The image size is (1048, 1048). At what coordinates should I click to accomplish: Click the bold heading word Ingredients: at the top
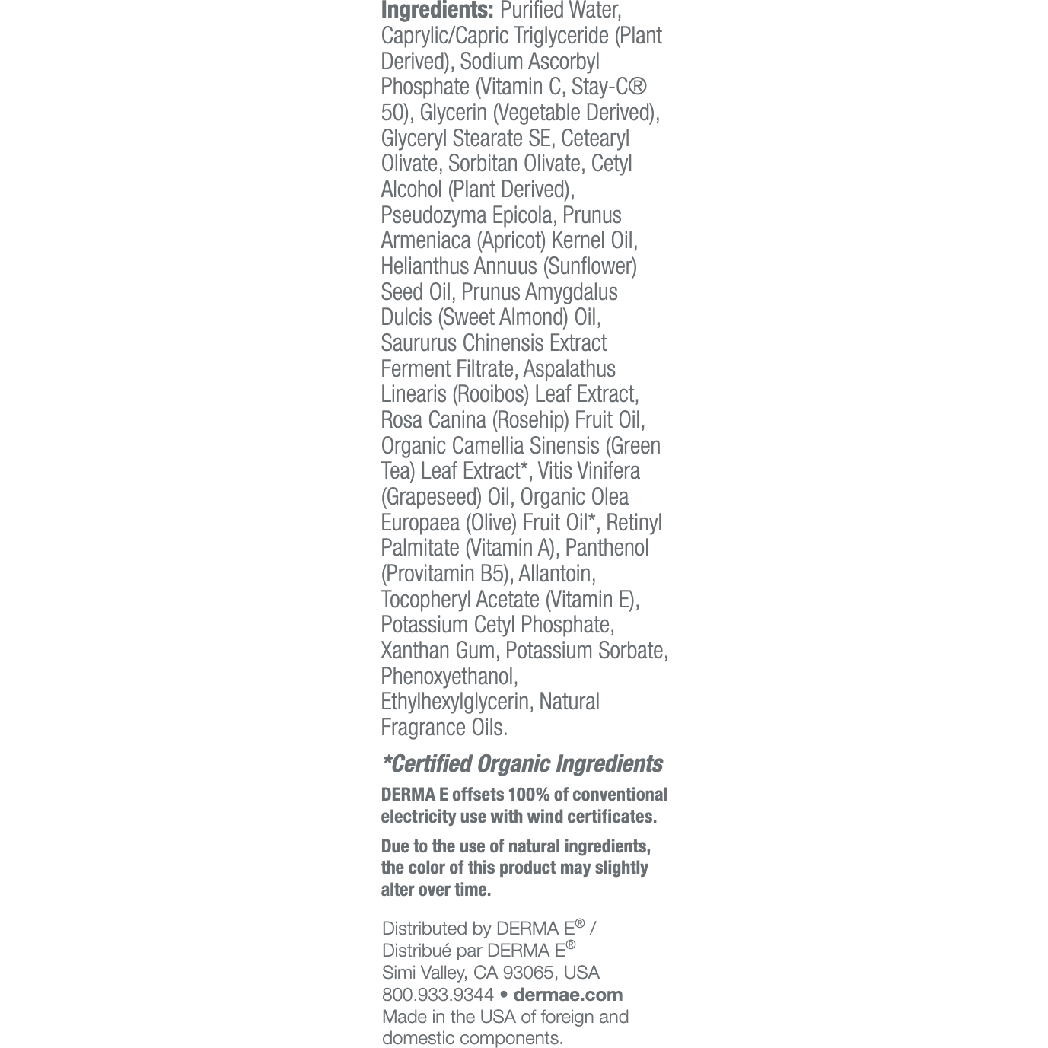click(437, 11)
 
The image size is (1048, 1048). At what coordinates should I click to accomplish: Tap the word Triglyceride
click(562, 36)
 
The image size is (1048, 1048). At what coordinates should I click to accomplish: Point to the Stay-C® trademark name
click(609, 87)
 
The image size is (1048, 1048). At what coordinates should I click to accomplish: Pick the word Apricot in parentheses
click(511, 240)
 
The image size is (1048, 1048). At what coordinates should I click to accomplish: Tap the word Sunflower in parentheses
click(590, 266)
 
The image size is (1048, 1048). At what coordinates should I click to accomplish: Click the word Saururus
click(419, 343)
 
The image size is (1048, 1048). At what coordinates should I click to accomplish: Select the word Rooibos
click(490, 394)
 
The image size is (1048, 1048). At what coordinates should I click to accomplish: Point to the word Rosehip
click(530, 420)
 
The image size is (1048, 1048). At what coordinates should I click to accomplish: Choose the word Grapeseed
click(432, 497)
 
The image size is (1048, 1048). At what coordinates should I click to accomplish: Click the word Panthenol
click(607, 548)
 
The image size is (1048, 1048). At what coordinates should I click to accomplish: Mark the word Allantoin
click(556, 574)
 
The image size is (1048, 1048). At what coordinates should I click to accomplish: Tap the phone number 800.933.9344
click(438, 995)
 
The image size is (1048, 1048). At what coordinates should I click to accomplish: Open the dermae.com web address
click(568, 995)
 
